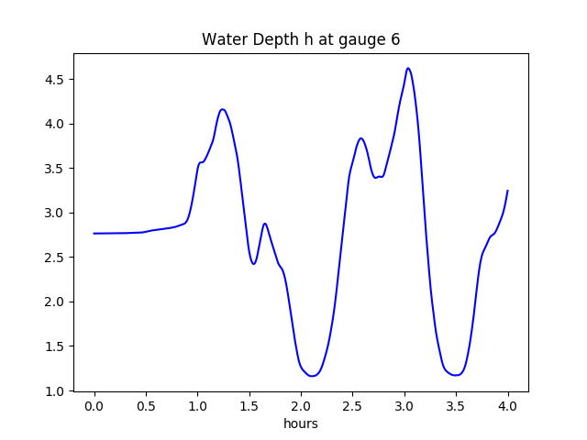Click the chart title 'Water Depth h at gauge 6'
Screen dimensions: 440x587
click(x=301, y=39)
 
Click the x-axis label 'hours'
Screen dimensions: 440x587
click(x=301, y=423)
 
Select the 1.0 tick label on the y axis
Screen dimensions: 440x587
click(x=55, y=390)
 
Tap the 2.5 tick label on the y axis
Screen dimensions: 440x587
click(x=55, y=258)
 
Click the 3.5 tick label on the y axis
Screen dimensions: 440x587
click(x=55, y=169)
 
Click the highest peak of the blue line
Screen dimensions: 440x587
click(x=408, y=68)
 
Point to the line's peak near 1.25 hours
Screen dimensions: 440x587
click(x=223, y=109)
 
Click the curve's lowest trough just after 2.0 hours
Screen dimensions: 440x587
click(x=313, y=376)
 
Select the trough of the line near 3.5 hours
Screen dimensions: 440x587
click(x=456, y=375)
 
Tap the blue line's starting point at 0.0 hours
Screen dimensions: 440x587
click(x=94, y=234)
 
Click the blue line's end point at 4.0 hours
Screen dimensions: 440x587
click(x=507, y=191)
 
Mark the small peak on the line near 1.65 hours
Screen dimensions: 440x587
click(x=265, y=224)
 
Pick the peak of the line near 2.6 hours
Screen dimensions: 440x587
click(x=361, y=138)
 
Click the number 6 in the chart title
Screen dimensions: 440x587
click(x=395, y=39)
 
